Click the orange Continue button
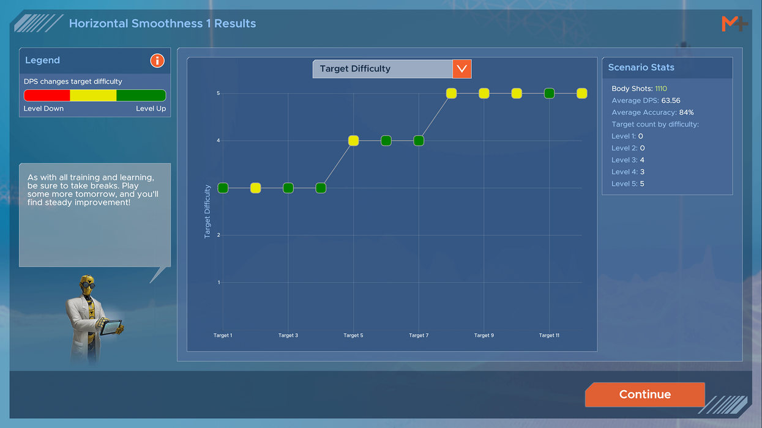click(644, 394)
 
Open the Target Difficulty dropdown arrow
click(461, 69)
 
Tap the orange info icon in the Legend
click(157, 61)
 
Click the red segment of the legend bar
click(47, 95)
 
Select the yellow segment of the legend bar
click(93, 95)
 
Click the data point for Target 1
click(223, 188)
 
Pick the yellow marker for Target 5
click(353, 141)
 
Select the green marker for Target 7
click(419, 141)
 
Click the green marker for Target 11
click(550, 93)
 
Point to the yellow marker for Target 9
click(484, 93)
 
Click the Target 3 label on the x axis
click(288, 335)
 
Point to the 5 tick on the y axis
click(219, 93)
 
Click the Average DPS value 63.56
click(670, 101)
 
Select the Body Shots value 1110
click(661, 89)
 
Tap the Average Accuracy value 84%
click(687, 113)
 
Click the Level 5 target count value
click(642, 184)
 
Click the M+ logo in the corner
click(735, 24)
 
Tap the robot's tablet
click(111, 327)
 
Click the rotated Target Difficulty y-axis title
click(207, 212)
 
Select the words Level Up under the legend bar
click(151, 109)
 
